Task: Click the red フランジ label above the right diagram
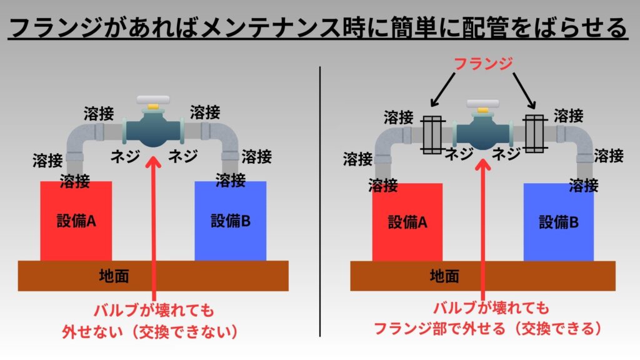point(483,64)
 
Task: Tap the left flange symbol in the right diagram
point(432,135)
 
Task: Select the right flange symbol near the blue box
point(535,134)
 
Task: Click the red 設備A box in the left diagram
point(76,221)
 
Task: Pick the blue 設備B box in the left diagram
point(230,221)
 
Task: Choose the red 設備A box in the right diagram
point(407,222)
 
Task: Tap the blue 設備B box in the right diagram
point(558,222)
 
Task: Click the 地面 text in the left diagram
point(114,276)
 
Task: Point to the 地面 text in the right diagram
point(444,276)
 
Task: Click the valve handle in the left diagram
point(153,100)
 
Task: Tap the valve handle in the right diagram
point(483,103)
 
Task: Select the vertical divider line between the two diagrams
point(320,202)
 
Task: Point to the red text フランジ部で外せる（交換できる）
point(487,328)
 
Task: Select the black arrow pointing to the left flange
point(443,89)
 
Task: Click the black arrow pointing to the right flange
point(524,91)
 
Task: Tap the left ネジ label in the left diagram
point(125,156)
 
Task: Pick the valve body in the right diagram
point(483,131)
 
